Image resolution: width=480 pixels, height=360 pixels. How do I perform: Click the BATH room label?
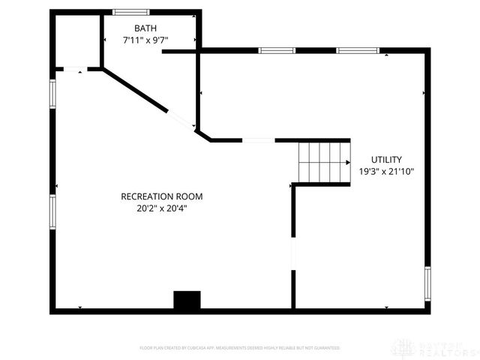[145, 28]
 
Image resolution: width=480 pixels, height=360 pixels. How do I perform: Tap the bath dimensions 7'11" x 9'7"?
[145, 40]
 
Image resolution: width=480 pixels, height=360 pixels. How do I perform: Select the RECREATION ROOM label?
[162, 196]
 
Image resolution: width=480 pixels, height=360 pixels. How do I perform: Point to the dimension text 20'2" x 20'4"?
[162, 208]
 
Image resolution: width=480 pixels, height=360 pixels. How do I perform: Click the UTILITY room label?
[387, 160]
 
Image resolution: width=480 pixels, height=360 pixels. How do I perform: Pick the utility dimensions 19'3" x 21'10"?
[387, 171]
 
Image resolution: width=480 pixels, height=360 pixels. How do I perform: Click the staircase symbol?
[324, 161]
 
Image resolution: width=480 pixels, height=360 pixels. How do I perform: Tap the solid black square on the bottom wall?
[187, 300]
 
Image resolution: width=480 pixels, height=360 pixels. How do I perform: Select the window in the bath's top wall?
[131, 12]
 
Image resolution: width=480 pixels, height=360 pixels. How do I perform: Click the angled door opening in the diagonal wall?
[181, 120]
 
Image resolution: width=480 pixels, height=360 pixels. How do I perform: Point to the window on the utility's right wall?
[427, 283]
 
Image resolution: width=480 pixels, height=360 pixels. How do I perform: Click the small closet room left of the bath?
[77, 41]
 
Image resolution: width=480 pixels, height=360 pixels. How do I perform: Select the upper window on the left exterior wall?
[52, 94]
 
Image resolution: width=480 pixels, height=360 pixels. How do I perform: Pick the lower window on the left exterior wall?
[52, 211]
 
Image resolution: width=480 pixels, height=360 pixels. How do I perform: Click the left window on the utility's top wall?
[277, 51]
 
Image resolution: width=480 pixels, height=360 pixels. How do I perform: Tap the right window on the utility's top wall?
[357, 51]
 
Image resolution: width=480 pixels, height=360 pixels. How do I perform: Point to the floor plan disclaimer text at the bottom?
[240, 348]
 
